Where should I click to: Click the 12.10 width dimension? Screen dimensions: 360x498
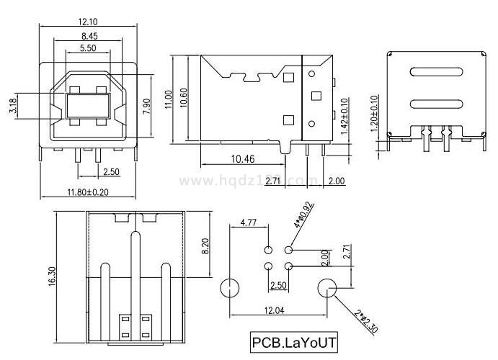89,22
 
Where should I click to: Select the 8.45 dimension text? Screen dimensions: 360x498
89,35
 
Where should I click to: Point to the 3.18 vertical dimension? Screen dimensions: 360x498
13,108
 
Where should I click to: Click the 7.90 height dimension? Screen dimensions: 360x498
146,105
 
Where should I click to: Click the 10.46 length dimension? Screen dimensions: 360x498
242,159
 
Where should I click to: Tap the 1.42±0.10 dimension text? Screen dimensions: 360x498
344,117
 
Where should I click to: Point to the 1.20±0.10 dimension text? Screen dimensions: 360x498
374,114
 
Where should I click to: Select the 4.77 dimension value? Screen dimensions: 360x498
249,222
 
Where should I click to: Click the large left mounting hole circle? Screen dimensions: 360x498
229,289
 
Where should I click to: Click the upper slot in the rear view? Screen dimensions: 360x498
435,71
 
